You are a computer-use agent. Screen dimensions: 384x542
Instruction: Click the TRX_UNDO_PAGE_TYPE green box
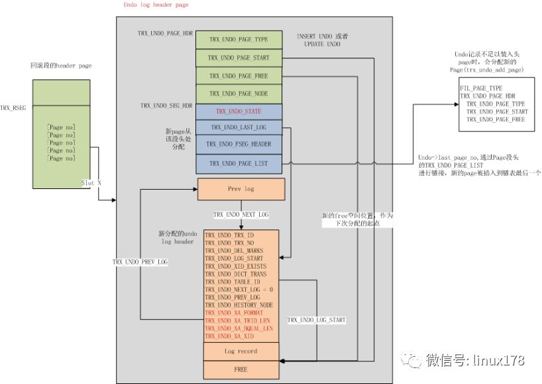[239, 40]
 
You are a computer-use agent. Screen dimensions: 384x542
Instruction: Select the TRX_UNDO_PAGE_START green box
[239, 58]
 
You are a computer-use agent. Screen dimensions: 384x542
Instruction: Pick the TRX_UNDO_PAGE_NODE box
[239, 94]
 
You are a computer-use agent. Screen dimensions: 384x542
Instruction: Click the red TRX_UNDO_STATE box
[239, 111]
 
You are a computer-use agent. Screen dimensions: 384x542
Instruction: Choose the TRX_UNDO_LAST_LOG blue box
[239, 127]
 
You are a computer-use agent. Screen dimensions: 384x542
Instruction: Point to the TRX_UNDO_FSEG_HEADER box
[239, 144]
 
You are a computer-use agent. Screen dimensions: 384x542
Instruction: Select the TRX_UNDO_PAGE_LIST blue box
[239, 162]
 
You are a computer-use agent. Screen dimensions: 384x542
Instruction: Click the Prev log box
[241, 188]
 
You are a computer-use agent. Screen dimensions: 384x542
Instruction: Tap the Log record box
[241, 351]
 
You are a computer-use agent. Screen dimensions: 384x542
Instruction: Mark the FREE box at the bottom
[241, 368]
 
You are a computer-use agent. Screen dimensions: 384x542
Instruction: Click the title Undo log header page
[156, 5]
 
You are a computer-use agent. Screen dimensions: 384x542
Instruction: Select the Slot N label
[91, 182]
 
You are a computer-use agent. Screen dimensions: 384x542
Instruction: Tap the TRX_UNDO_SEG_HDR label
[166, 105]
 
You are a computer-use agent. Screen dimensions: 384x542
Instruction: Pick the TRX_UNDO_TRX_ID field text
[229, 235]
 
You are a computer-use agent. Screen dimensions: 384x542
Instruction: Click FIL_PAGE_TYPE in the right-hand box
[480, 88]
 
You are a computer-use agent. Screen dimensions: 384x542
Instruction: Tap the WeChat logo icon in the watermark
[414, 361]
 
